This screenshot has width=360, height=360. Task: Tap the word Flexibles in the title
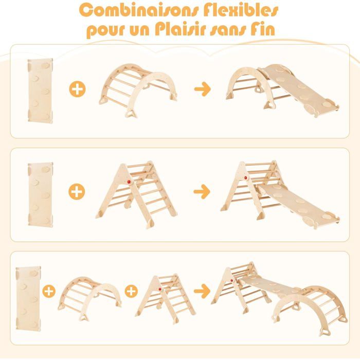click(x=241, y=10)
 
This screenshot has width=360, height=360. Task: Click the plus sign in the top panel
click(x=77, y=89)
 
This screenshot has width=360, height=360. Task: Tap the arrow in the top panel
click(x=203, y=89)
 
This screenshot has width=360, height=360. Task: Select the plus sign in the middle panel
click(x=77, y=191)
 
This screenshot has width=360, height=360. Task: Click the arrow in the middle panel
click(x=202, y=191)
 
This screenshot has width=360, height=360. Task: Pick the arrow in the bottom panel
click(x=202, y=291)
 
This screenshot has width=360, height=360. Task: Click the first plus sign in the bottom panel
click(x=49, y=292)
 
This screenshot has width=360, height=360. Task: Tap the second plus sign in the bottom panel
click(x=131, y=291)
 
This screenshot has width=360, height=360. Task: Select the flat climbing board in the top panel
click(x=40, y=90)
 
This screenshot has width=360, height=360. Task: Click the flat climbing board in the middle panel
click(x=40, y=195)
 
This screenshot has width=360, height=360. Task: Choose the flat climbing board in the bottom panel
click(x=28, y=298)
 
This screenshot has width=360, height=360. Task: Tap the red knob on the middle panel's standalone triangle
click(x=129, y=182)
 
